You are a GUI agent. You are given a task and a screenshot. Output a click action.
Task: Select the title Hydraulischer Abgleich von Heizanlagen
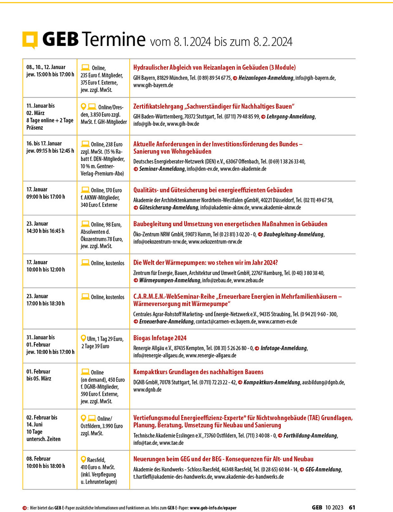click(x=215, y=68)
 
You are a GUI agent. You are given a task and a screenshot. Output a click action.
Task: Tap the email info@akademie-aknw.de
click(x=225, y=208)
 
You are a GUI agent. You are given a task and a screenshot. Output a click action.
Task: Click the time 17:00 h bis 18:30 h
click(x=45, y=303)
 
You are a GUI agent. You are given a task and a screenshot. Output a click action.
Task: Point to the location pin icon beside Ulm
click(x=83, y=338)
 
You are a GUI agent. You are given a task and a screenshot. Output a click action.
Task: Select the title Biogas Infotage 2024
click(x=160, y=338)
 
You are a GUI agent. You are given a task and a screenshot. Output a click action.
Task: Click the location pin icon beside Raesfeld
click(x=83, y=459)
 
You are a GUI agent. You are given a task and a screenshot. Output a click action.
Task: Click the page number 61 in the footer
click(x=352, y=507)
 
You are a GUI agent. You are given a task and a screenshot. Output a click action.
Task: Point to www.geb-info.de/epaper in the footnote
click(x=213, y=507)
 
